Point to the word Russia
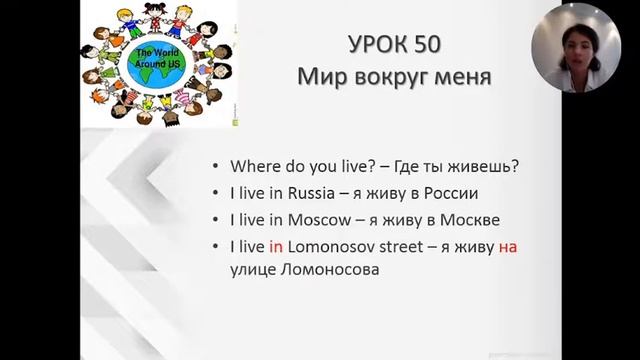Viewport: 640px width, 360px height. pos(307,193)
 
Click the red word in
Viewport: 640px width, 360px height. pos(276,245)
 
